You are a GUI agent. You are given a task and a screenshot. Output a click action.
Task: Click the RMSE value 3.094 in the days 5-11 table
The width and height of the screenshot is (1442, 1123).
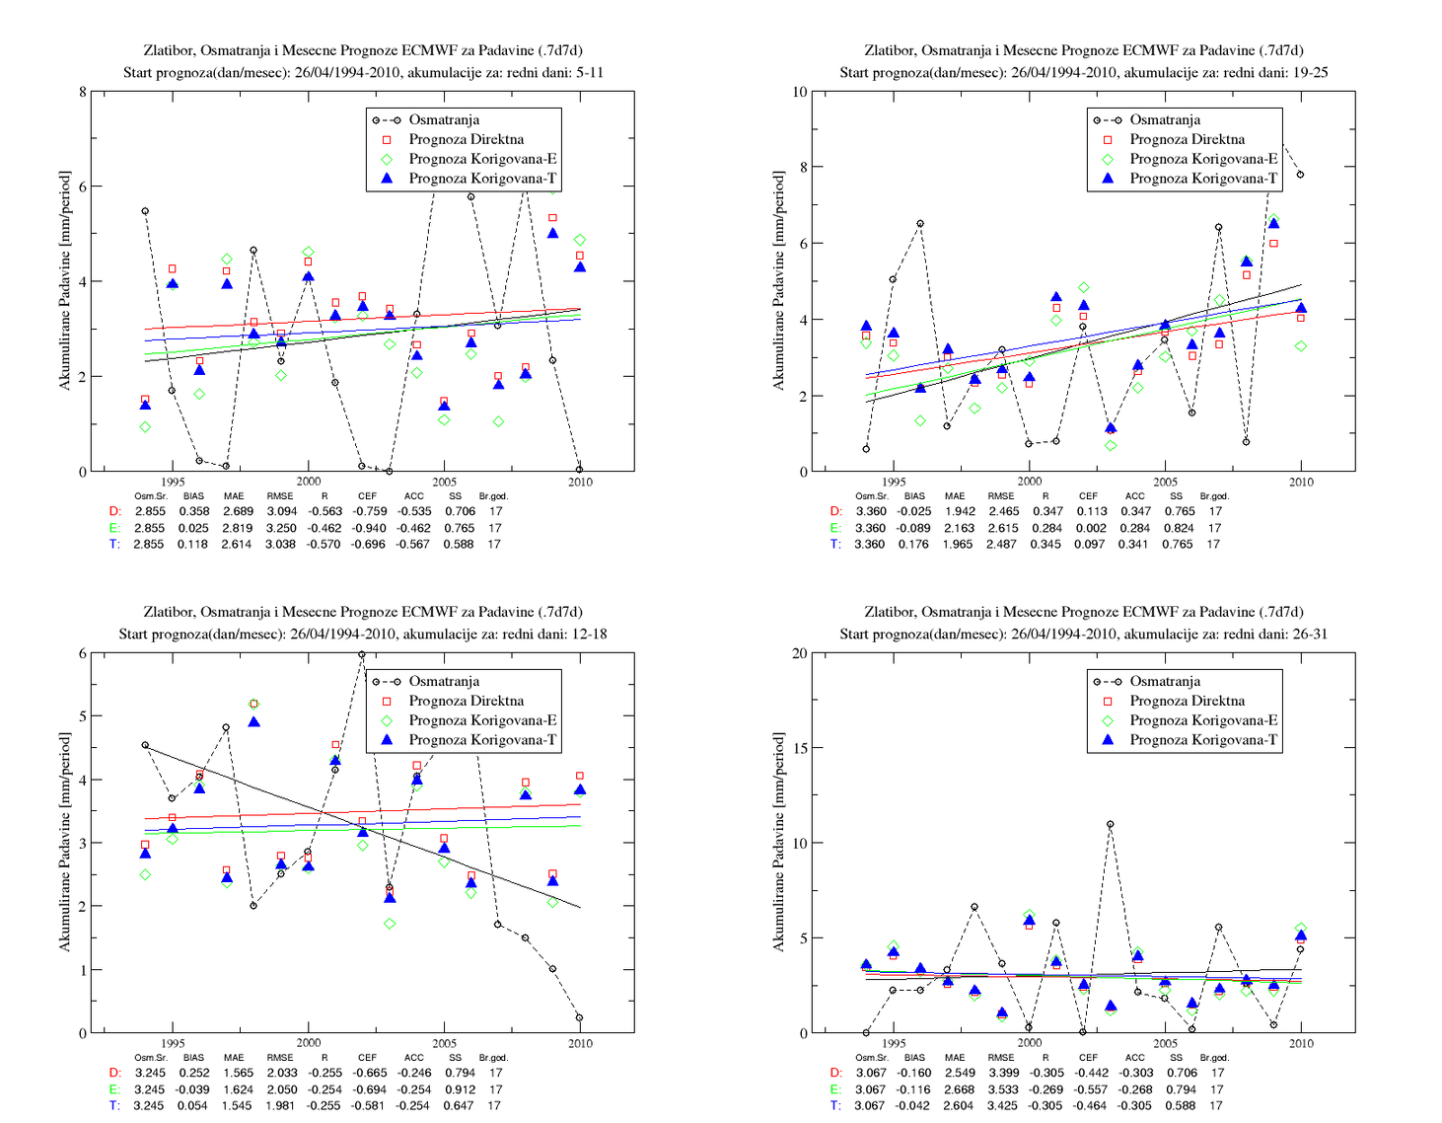click(281, 512)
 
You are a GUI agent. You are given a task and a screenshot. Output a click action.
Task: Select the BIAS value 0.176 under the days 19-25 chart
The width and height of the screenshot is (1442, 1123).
click(913, 545)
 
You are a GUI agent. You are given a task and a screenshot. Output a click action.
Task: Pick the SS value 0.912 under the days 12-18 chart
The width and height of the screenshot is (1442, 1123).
click(455, 1089)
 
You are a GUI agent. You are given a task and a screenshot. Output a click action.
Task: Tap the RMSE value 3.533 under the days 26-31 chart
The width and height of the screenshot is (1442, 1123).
click(1001, 1089)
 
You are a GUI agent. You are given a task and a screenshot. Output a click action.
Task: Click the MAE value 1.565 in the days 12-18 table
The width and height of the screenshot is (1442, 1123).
click(237, 1074)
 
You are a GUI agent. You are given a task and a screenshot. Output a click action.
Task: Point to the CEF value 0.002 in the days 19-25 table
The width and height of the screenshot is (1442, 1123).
click(1089, 528)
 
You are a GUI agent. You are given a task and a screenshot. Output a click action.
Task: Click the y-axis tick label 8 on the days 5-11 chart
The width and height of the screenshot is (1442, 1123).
click(83, 92)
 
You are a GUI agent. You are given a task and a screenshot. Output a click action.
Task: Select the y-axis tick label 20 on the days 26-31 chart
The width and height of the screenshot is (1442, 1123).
click(799, 653)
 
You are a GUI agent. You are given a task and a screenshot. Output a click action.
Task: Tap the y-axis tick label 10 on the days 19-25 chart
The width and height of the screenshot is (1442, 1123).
click(799, 92)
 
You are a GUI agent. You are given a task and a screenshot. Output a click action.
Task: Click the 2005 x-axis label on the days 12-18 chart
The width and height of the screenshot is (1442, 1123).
click(444, 1044)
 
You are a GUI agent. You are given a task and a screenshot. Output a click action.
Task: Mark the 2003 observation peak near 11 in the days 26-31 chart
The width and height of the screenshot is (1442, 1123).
click(1111, 824)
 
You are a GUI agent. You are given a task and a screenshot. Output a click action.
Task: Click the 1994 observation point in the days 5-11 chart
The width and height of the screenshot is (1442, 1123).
click(145, 211)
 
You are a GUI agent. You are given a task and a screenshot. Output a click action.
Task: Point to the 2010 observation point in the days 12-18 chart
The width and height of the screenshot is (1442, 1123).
click(579, 1017)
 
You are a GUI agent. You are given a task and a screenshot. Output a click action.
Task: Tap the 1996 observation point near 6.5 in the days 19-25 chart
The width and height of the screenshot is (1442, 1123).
click(920, 224)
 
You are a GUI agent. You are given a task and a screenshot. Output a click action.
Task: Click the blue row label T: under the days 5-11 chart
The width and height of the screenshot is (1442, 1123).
click(115, 545)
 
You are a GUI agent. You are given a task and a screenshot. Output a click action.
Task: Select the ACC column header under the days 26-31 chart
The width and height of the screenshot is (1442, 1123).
click(1134, 1058)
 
